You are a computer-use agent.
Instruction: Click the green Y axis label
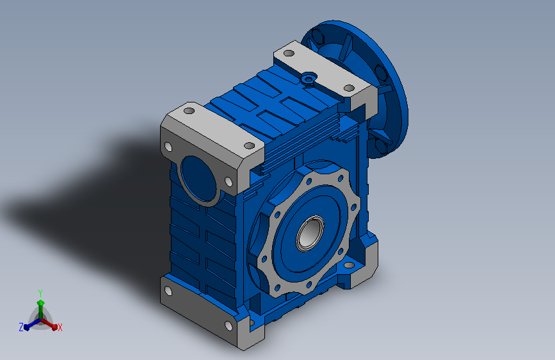(40, 293)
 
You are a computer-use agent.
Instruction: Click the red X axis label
(60, 327)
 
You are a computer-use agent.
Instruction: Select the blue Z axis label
(21, 327)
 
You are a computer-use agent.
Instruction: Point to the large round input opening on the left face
(199, 179)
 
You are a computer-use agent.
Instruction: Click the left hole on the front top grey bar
(189, 111)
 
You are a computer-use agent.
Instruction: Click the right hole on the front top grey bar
(249, 145)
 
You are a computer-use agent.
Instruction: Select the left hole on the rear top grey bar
(289, 54)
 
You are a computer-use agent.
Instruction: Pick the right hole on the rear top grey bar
(349, 88)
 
